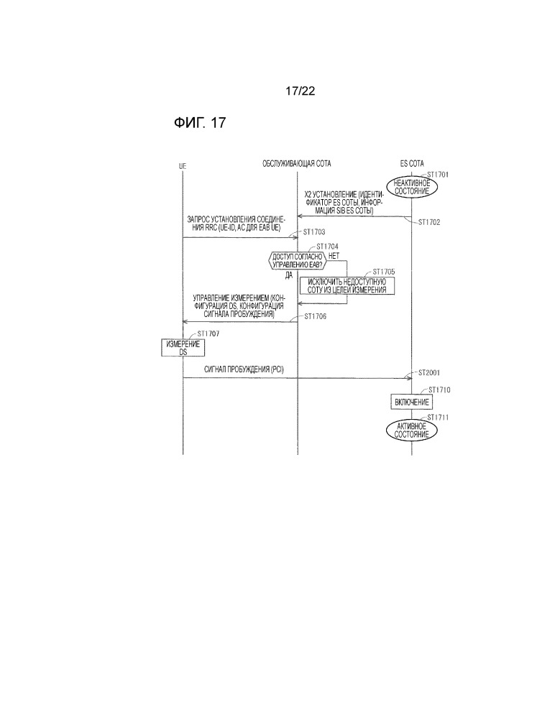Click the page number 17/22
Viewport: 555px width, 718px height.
[x=301, y=91]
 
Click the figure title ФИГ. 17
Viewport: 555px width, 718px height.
[x=200, y=123]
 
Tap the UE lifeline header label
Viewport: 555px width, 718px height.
[x=183, y=165]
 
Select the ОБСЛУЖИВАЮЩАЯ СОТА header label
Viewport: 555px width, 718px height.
[x=298, y=165]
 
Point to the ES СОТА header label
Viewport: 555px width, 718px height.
[x=412, y=165]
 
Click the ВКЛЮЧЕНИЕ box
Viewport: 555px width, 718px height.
[x=412, y=401]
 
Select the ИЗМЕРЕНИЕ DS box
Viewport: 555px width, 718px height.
[x=183, y=348]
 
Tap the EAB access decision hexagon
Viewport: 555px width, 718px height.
[x=297, y=260]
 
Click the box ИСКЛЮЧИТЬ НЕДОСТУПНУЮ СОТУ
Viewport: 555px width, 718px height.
[x=347, y=286]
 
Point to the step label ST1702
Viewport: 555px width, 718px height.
[x=431, y=222]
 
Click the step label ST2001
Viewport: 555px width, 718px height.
[x=431, y=372]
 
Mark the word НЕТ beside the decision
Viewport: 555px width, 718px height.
[x=334, y=255]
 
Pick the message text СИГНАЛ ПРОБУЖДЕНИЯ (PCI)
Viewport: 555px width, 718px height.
[x=244, y=369]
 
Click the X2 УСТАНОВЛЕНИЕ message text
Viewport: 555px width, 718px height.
[x=344, y=203]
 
